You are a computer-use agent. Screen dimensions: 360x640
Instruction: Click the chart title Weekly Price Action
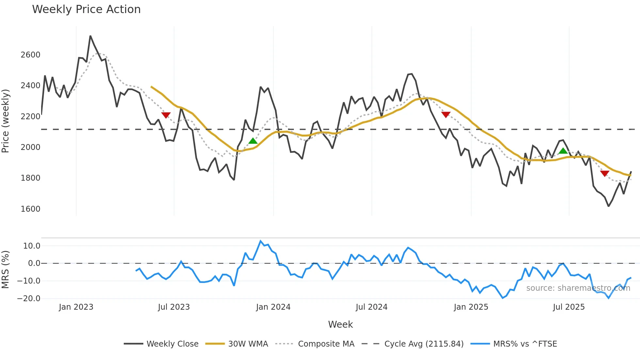(86, 9)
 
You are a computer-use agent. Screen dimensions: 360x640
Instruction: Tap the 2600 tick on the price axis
(30, 55)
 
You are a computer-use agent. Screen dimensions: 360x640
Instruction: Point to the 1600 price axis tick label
(30, 209)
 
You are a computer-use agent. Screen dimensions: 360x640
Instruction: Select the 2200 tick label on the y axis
(30, 116)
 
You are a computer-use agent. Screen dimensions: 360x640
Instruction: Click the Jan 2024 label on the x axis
(273, 307)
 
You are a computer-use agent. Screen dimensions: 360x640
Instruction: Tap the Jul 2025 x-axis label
(568, 307)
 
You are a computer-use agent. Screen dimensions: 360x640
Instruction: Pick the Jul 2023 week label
(174, 307)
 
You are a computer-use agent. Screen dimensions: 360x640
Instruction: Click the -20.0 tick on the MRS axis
(29, 298)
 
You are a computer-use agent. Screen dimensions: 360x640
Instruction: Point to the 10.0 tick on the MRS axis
(31, 246)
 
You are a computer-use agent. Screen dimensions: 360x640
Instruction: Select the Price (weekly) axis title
(6, 121)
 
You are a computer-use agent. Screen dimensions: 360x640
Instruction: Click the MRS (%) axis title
(6, 270)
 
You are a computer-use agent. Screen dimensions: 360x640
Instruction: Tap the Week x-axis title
(340, 324)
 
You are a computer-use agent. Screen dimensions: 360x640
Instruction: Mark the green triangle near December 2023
(253, 141)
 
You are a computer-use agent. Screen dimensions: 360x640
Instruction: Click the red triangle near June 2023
(166, 115)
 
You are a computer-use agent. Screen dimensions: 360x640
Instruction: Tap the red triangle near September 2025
(604, 173)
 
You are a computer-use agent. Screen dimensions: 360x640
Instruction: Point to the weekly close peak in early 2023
(90, 36)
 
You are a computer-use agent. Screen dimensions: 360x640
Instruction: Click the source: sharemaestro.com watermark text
(578, 288)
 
